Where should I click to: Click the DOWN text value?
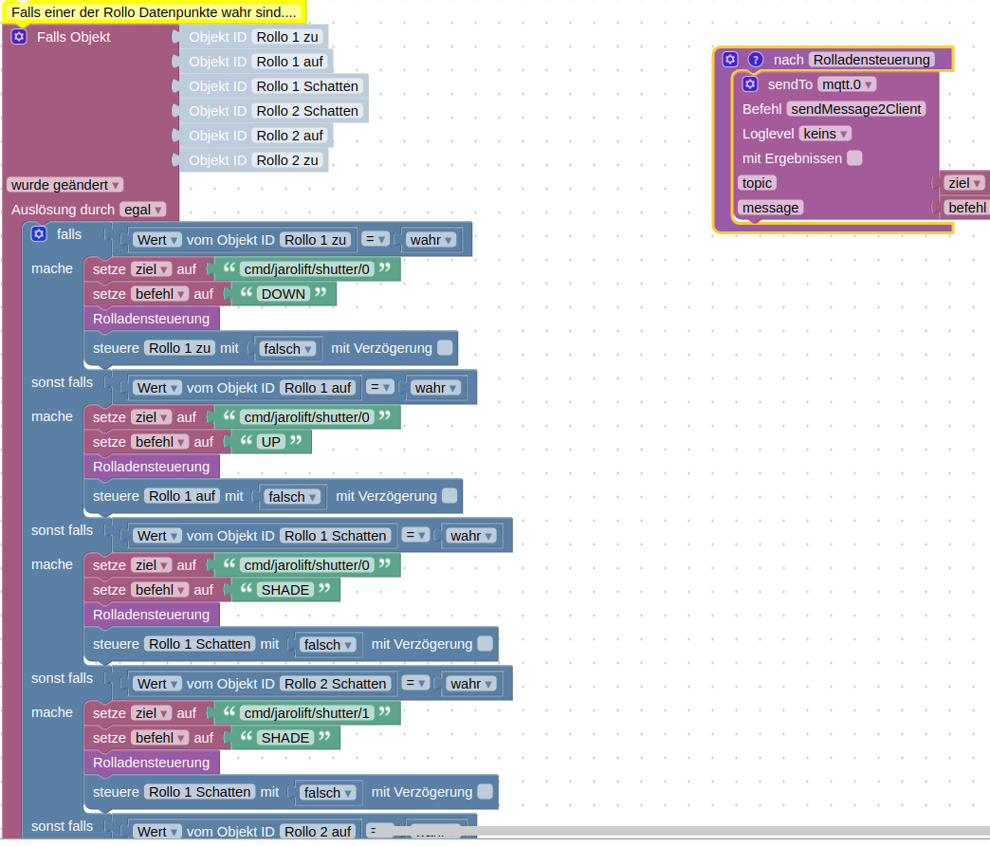(284, 294)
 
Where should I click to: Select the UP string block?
(271, 442)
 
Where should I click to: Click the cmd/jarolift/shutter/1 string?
(305, 713)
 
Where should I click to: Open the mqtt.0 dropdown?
(846, 84)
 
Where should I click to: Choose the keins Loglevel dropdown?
(825, 134)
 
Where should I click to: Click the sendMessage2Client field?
(855, 109)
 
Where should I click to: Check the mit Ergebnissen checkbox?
(854, 158)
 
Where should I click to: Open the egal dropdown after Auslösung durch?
(143, 210)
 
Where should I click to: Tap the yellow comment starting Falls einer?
(154, 12)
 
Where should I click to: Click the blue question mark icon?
(755, 60)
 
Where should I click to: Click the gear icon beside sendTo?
(749, 84)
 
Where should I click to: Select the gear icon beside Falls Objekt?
(19, 37)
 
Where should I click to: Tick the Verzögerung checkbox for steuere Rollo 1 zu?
(445, 348)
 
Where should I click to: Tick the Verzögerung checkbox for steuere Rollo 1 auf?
(449, 496)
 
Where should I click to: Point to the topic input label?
(758, 183)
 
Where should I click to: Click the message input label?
(770, 208)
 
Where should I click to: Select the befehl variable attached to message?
(966, 208)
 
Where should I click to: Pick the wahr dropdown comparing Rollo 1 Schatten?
(471, 536)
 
